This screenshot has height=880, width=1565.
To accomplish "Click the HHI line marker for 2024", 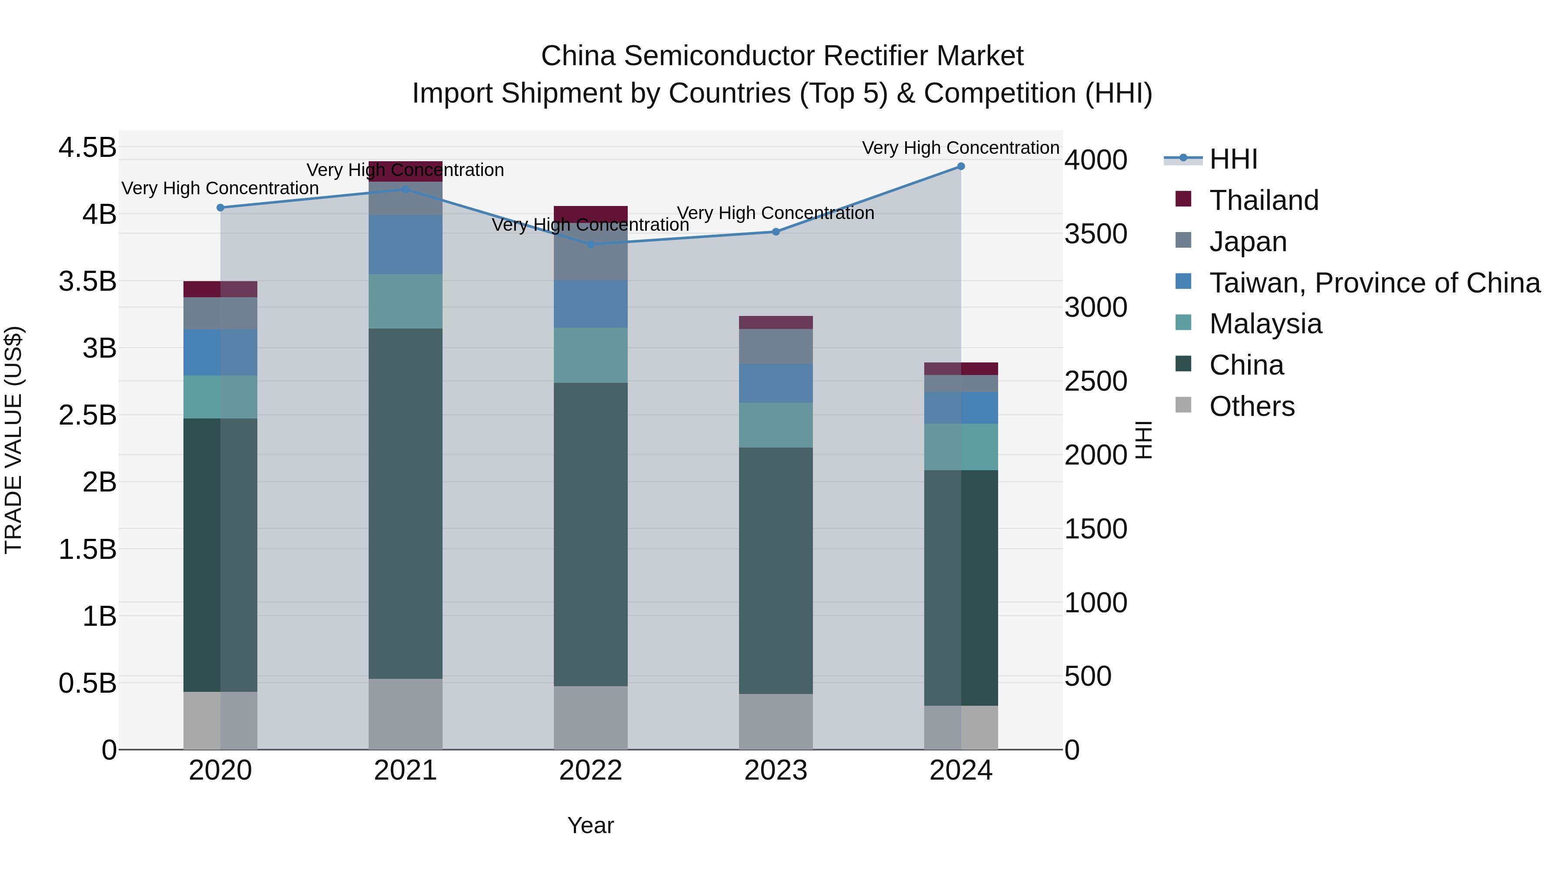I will [960, 166].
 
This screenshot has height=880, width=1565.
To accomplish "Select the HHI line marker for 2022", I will [590, 244].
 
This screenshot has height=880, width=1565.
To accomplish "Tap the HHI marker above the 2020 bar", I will [220, 208].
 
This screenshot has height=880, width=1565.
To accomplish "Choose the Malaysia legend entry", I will [1265, 324].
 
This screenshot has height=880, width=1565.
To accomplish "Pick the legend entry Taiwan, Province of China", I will [1374, 283].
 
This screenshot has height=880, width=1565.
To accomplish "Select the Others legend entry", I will [1252, 406].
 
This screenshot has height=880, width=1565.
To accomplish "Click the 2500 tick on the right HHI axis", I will [1095, 382].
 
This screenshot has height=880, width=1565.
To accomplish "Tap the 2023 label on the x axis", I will [776, 770].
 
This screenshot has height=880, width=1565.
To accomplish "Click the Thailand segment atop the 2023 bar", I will [776, 322].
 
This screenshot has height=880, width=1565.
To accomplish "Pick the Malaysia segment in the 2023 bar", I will [776, 425].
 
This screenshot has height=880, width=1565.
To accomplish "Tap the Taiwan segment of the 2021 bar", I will [405, 245].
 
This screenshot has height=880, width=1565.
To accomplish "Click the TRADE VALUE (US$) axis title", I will [14, 440].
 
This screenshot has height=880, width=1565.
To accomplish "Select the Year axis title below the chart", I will [590, 825].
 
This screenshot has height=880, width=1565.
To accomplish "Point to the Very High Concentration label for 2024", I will [960, 148].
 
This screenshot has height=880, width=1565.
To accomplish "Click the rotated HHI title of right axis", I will [1143, 440].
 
